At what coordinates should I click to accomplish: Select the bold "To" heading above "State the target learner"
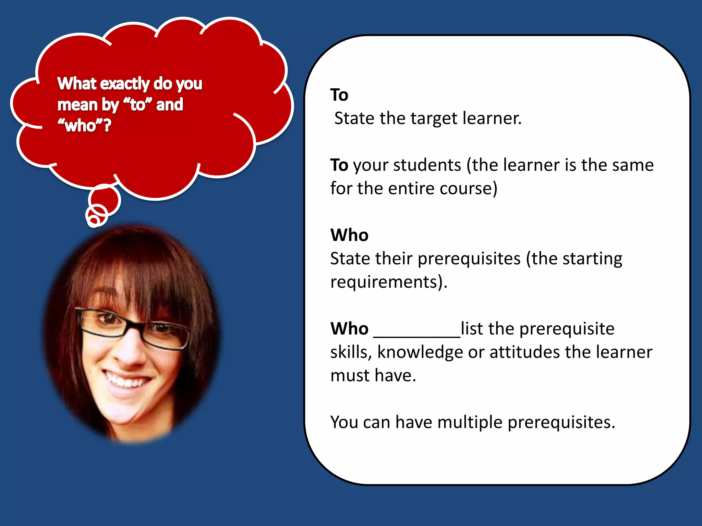[x=339, y=95]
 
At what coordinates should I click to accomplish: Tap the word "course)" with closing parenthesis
[x=468, y=189]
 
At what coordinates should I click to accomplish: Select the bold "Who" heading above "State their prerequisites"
[x=349, y=235]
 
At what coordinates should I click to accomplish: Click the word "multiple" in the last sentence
[x=470, y=423]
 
